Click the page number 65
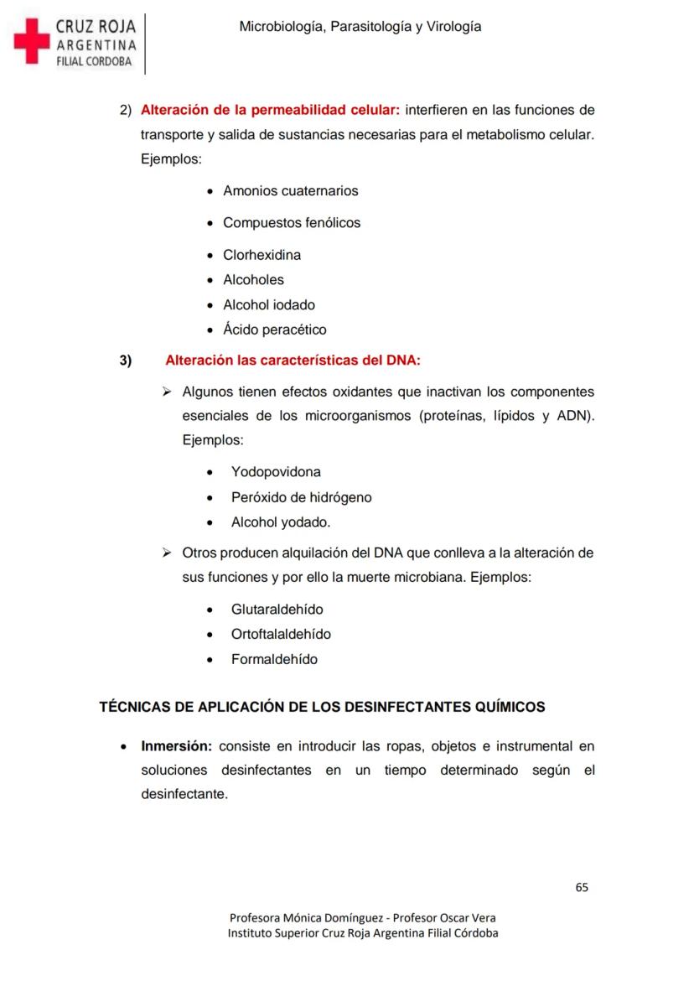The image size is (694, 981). click(582, 887)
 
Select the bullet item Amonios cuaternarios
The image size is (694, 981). click(290, 191)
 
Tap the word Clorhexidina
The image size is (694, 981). click(262, 255)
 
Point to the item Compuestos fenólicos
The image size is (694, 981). click(291, 223)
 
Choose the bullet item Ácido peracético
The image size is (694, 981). click(274, 330)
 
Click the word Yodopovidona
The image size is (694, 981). click(276, 472)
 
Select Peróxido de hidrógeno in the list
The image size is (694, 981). click(301, 497)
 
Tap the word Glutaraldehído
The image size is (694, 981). click(277, 610)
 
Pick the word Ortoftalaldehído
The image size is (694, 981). click(281, 635)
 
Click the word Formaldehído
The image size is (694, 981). click(274, 660)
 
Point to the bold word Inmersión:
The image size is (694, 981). click(176, 746)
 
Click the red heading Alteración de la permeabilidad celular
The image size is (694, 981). click(270, 110)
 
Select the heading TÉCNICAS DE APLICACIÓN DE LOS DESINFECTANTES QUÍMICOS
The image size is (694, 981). click(322, 707)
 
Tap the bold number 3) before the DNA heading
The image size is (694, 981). click(126, 361)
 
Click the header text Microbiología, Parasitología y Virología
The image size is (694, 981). click(360, 27)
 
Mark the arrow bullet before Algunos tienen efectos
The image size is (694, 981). click(166, 392)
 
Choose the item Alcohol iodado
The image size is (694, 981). click(268, 305)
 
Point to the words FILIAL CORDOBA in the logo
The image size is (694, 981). click(93, 61)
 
